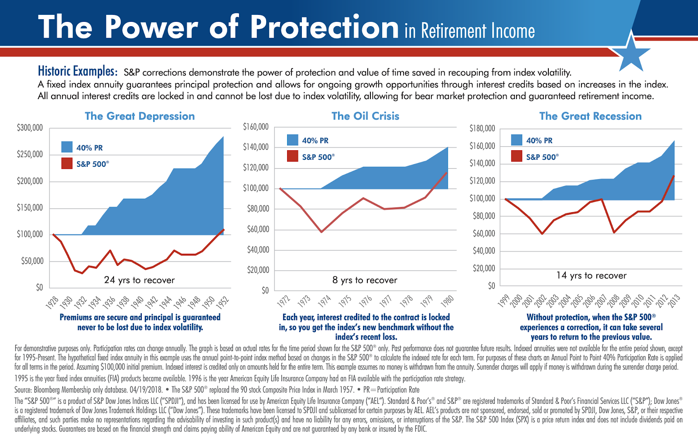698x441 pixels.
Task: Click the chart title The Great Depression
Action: point(140,116)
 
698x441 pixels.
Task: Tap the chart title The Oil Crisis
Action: point(365,116)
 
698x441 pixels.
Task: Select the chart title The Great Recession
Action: point(590,116)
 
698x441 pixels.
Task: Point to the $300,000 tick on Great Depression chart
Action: point(30,128)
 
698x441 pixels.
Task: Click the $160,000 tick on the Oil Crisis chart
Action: point(256,127)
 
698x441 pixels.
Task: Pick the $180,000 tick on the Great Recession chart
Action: point(482,128)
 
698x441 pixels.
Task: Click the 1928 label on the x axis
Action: point(52,302)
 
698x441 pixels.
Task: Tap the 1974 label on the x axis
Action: point(325,301)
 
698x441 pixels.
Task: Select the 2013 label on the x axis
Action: point(674,301)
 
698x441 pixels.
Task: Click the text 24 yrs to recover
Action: point(139,280)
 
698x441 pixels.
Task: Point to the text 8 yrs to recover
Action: point(365,280)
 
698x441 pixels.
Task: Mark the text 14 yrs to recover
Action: point(591,276)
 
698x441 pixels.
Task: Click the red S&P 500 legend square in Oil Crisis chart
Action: point(292,156)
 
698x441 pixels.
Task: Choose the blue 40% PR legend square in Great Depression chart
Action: point(67,147)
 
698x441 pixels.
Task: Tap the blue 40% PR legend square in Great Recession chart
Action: point(517,140)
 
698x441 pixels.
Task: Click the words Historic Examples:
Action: point(77,71)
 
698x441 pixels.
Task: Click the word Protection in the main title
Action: point(325,27)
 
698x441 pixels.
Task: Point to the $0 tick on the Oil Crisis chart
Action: point(265,290)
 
